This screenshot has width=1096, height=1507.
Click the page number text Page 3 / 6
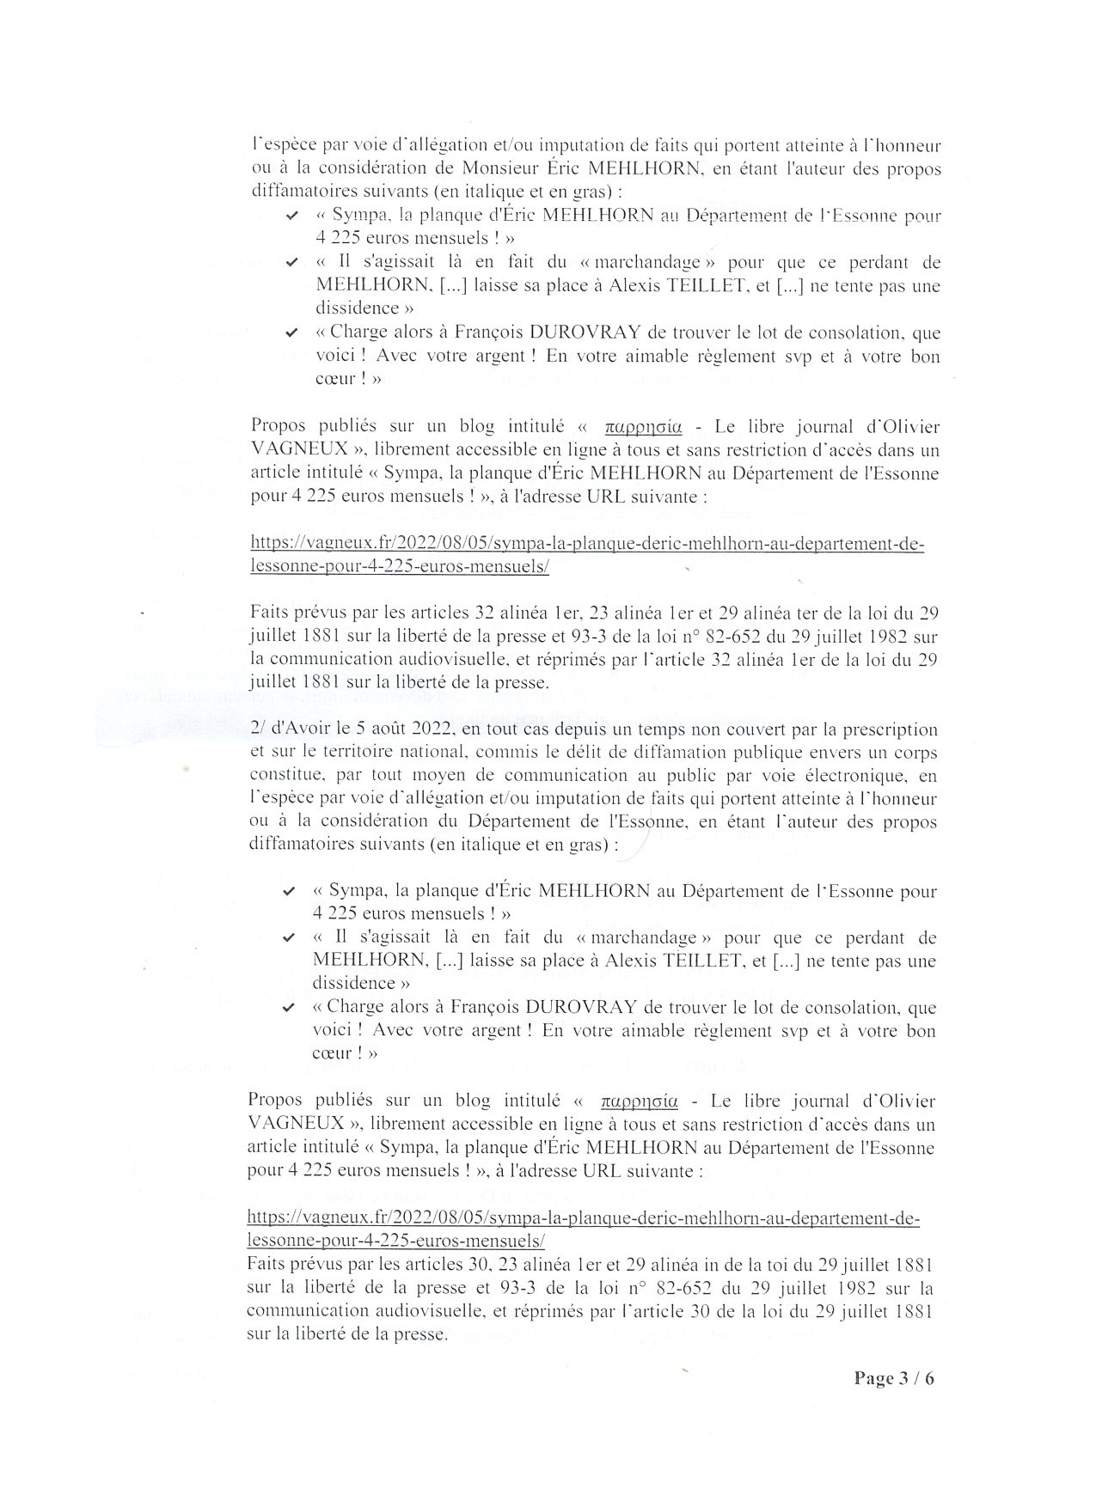coord(893,1379)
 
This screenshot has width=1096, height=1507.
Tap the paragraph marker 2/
coord(256,729)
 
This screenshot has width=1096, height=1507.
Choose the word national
coord(427,753)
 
